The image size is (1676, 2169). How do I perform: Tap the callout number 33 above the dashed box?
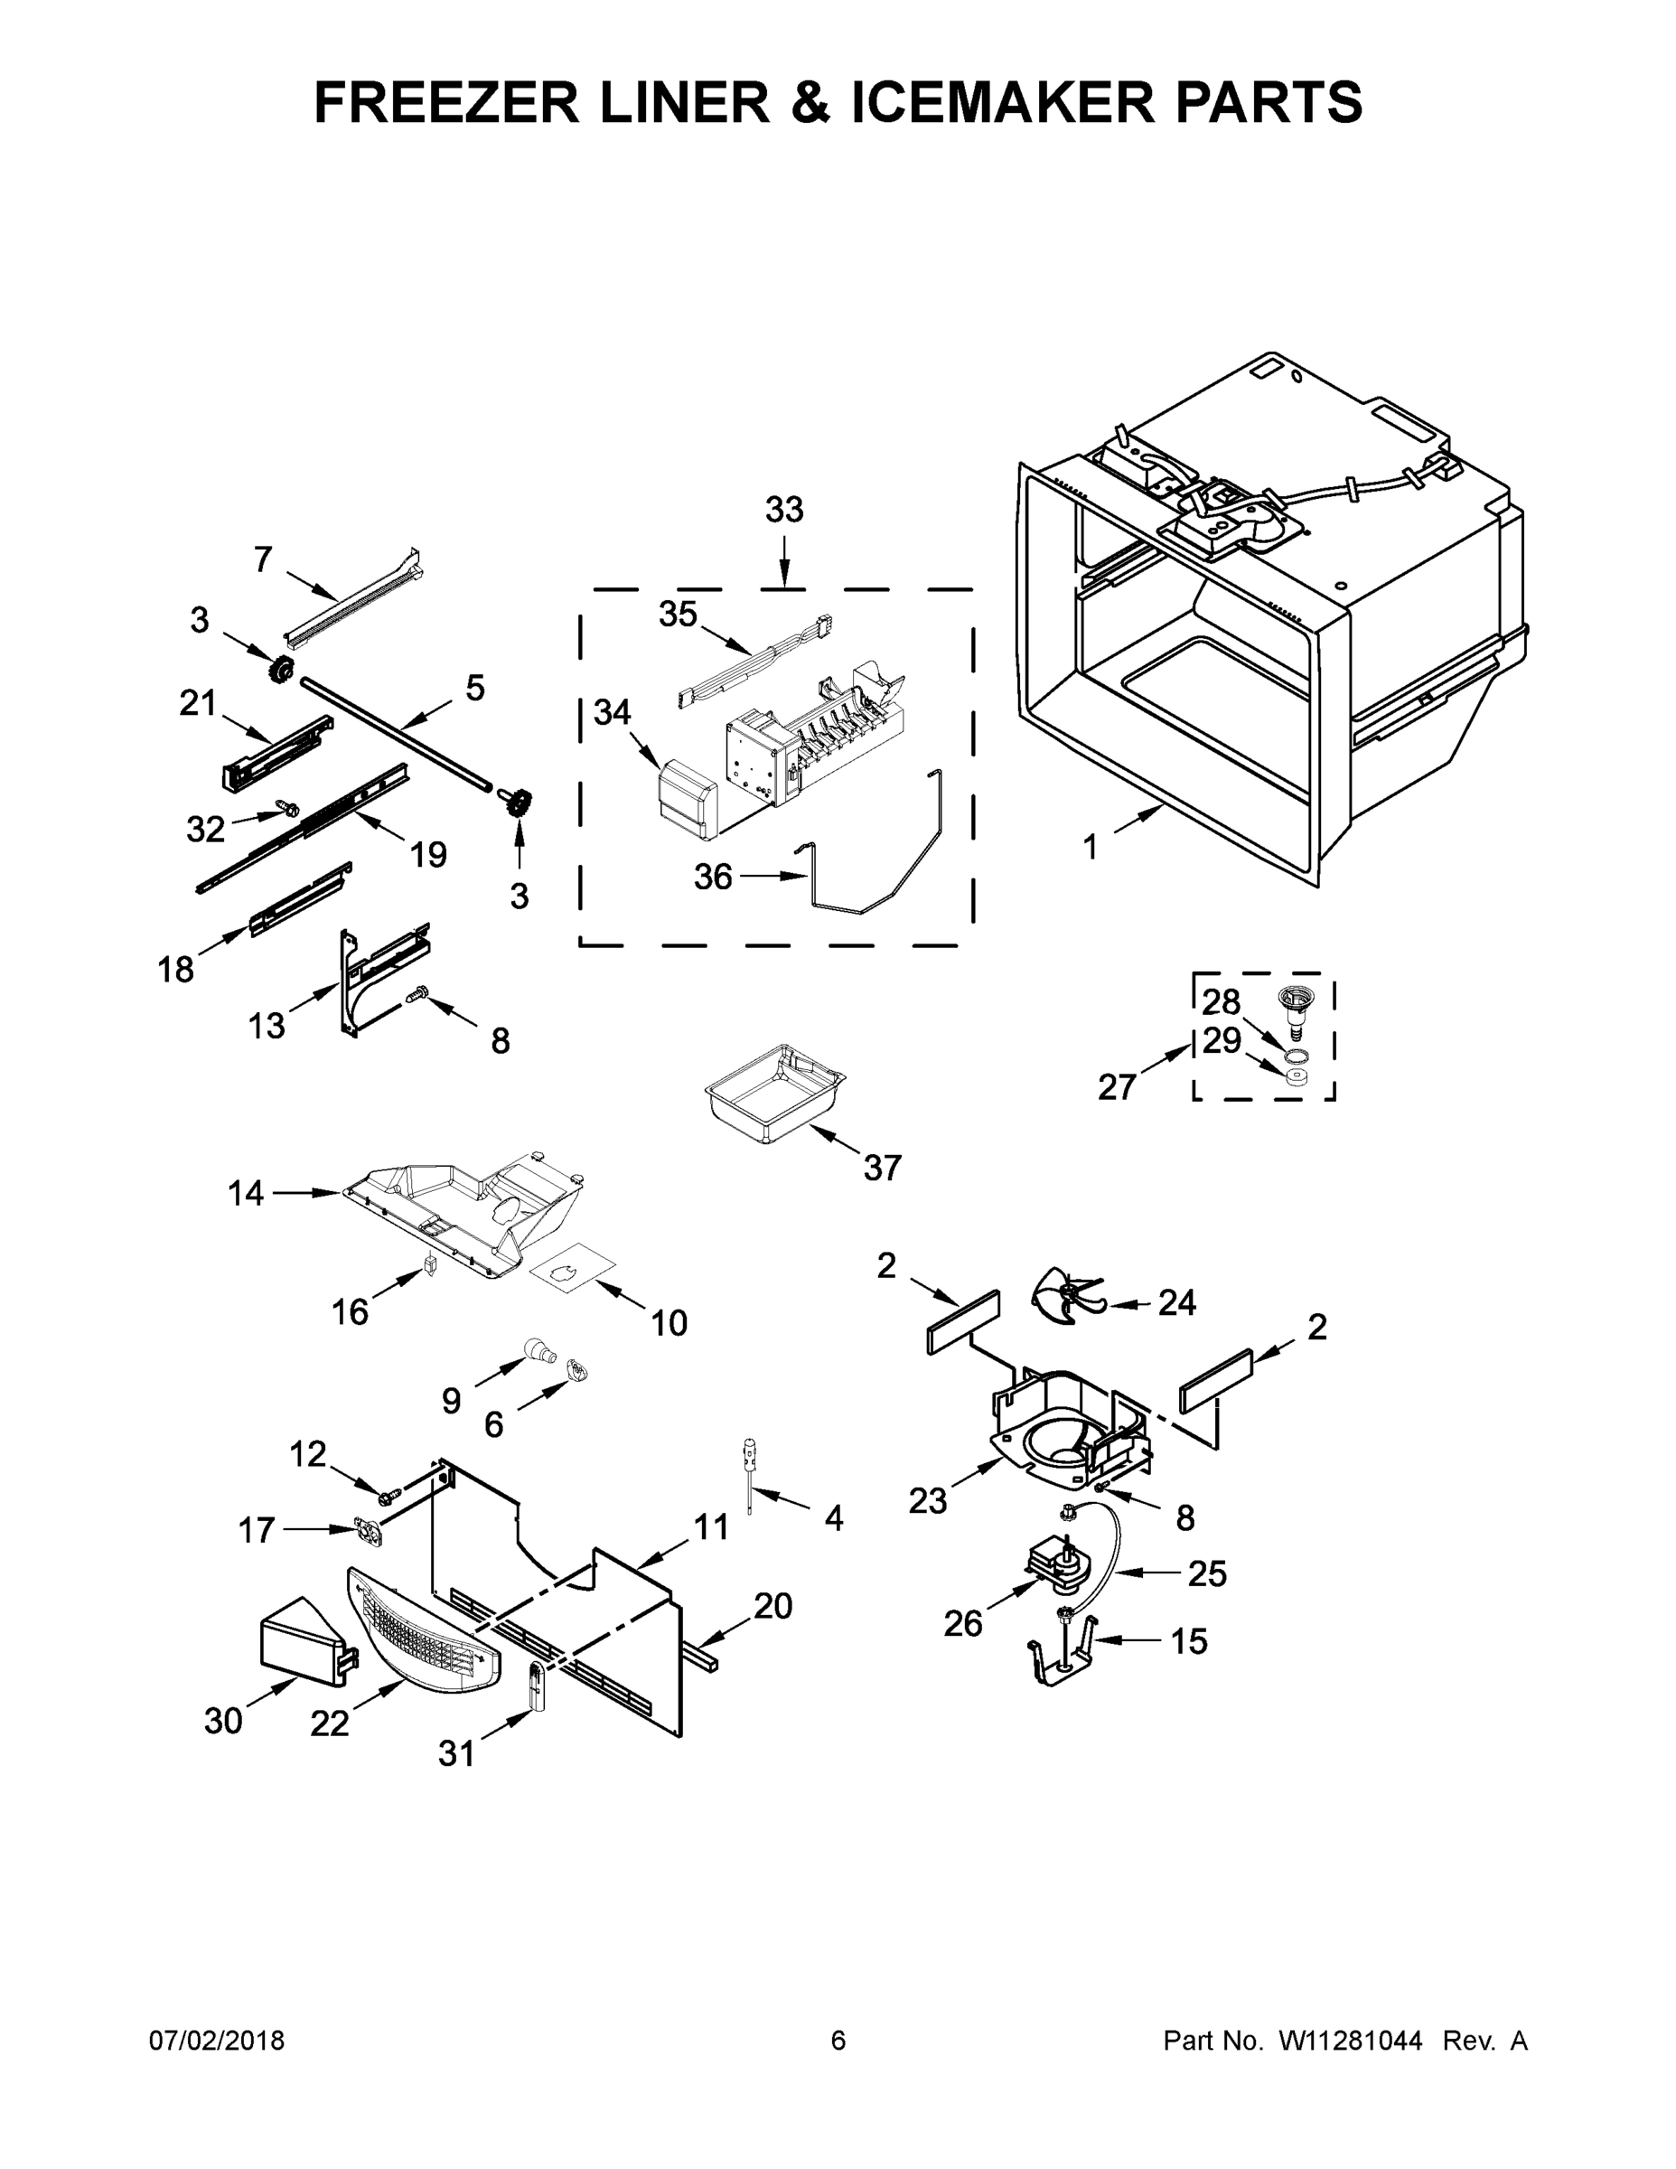point(783,511)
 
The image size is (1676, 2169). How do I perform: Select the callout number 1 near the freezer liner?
point(1091,847)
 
